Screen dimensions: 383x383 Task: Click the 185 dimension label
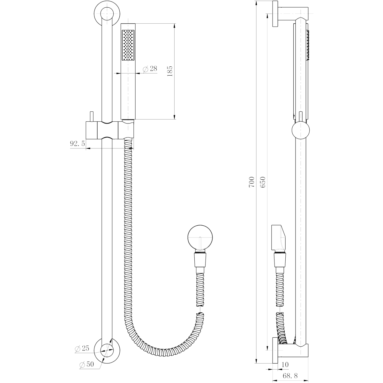coord(170,71)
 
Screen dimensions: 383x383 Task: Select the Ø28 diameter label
coord(150,69)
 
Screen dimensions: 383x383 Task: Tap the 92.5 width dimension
coord(78,144)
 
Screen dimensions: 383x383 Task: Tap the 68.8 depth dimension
coord(290,377)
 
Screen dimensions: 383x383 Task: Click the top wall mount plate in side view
coord(275,14)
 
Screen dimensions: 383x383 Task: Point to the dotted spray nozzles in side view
coord(308,45)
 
